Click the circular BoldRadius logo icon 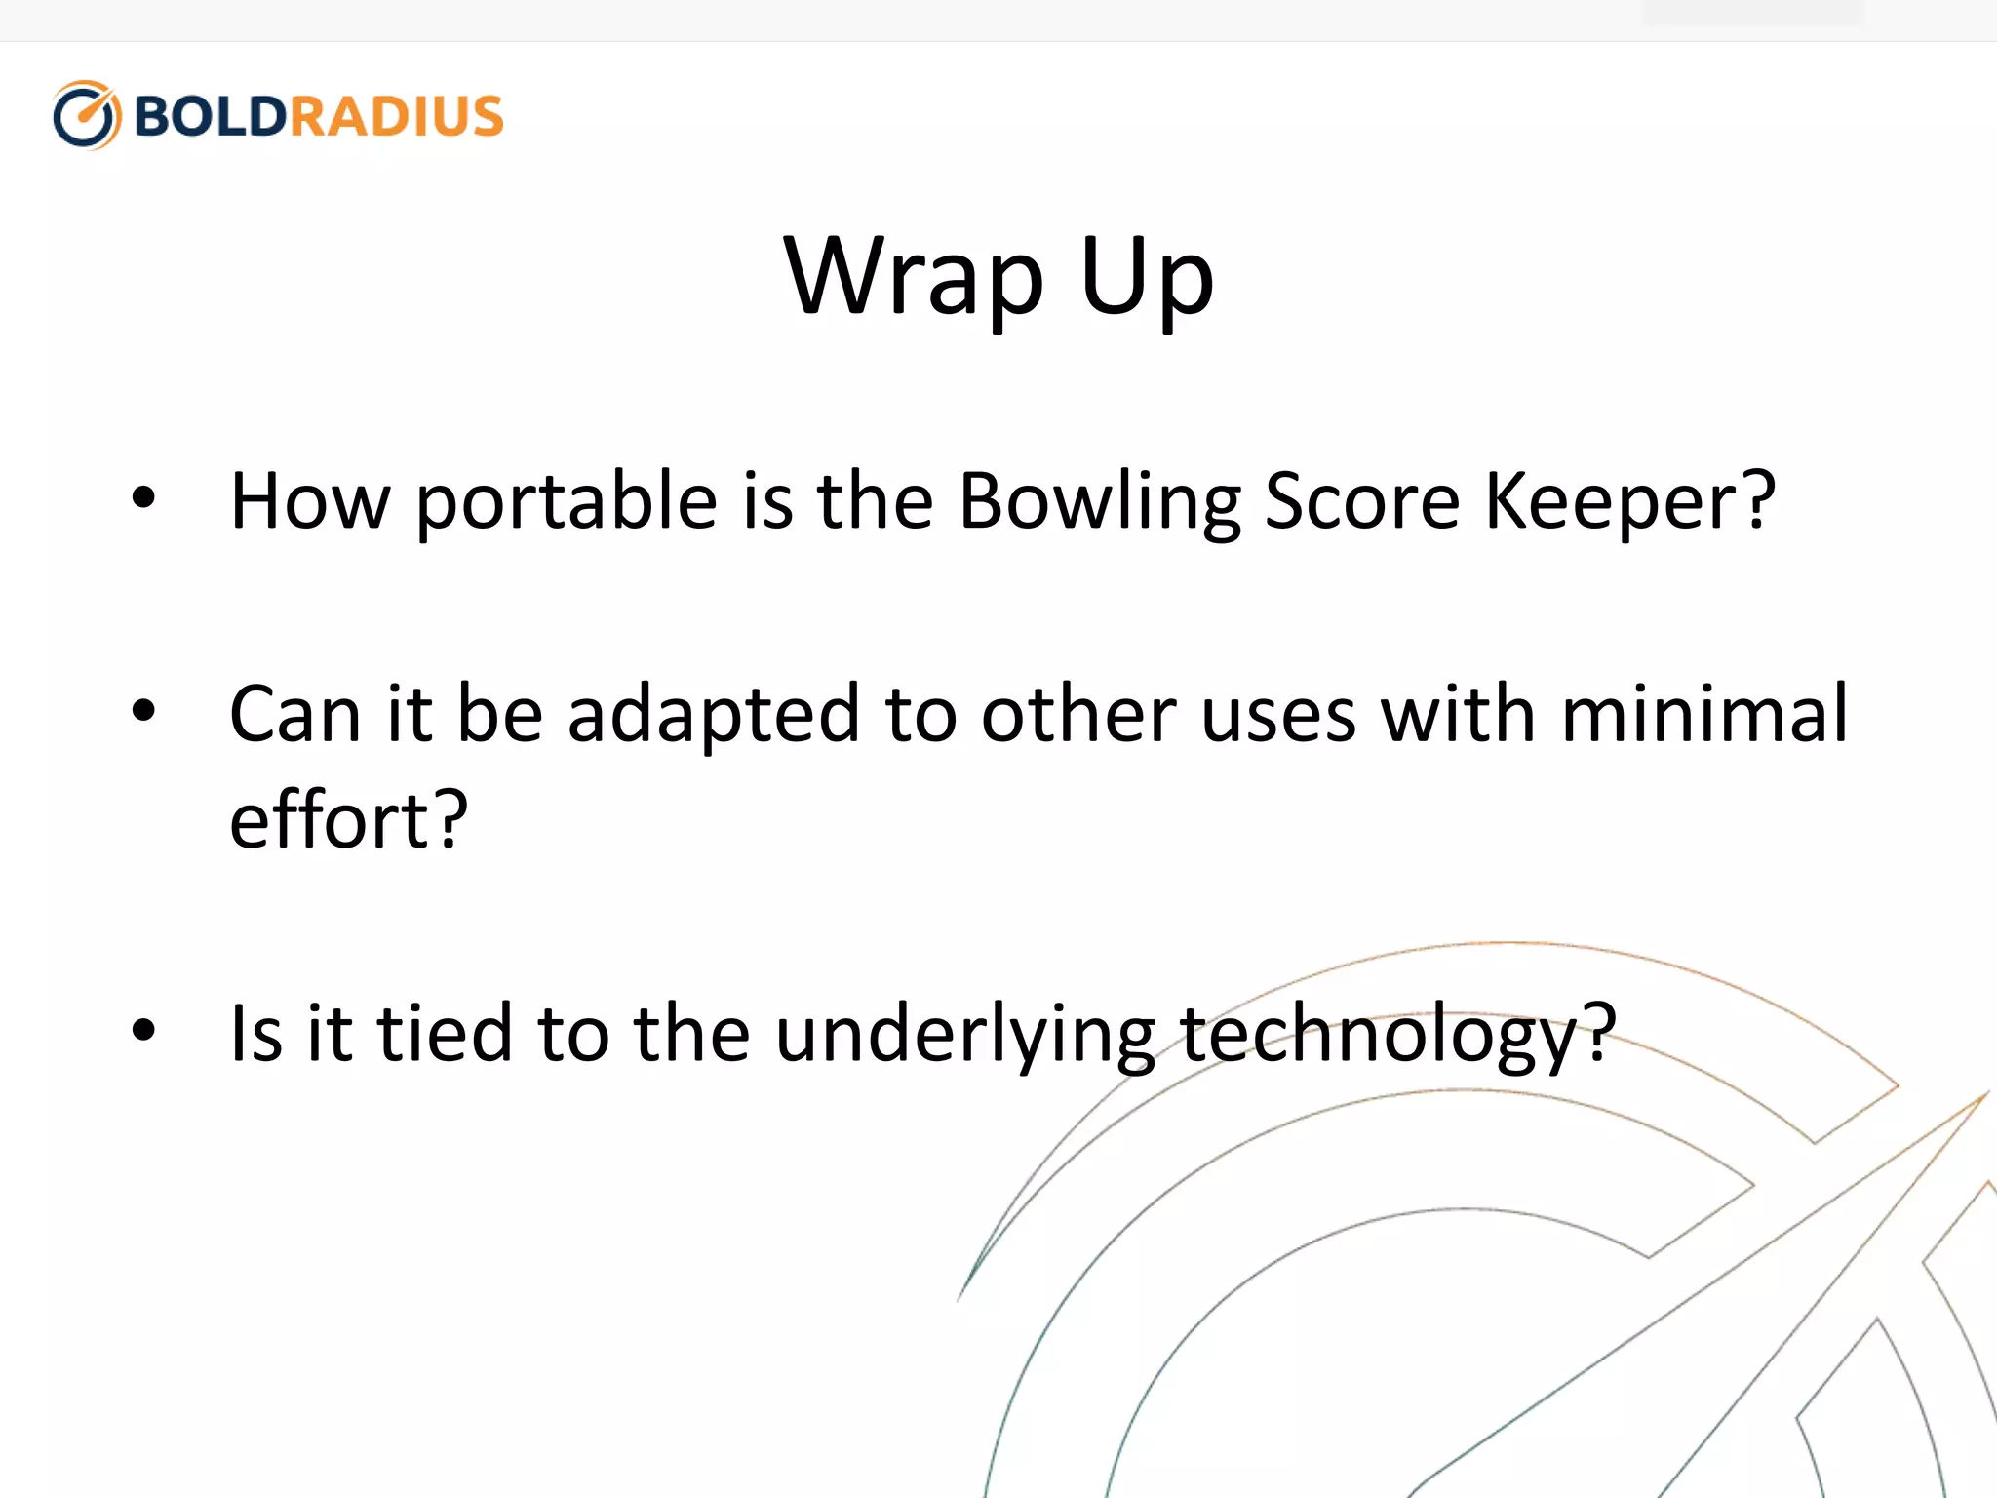click(x=87, y=115)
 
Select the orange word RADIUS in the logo click(x=396, y=116)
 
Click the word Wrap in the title click(x=913, y=278)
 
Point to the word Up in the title click(x=1147, y=278)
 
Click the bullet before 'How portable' click(x=143, y=498)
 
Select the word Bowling click(x=1099, y=502)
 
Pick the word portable click(x=567, y=502)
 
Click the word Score click(x=1361, y=502)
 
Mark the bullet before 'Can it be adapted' click(x=143, y=711)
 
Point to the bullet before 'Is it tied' click(x=143, y=1030)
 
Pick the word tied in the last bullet click(x=445, y=1034)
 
